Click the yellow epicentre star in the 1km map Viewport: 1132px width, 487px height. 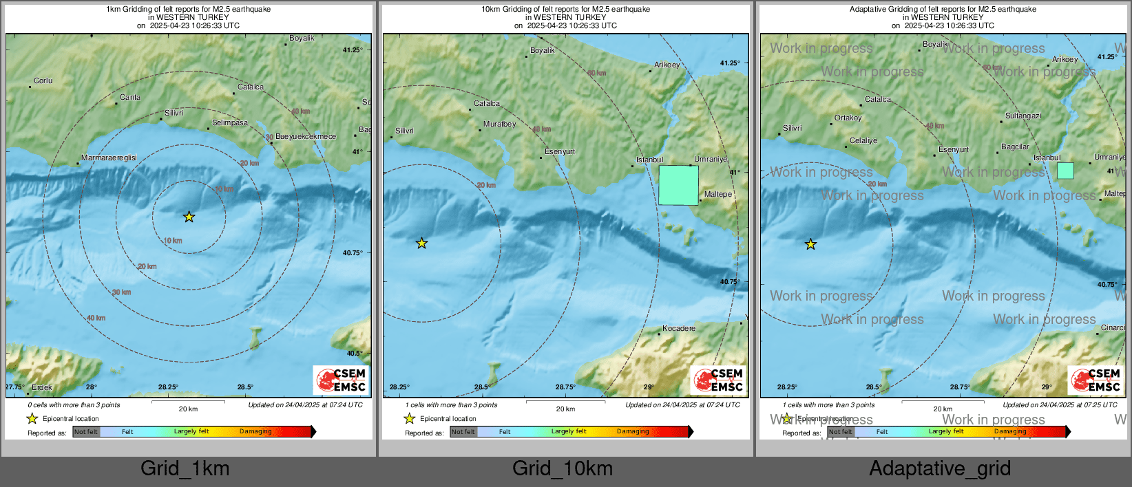point(189,217)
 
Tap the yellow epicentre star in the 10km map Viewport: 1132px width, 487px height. point(421,243)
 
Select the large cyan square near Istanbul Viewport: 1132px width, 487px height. point(678,185)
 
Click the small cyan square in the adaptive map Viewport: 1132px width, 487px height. point(1065,171)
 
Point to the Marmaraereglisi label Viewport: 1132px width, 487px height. point(109,158)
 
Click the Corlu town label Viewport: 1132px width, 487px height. point(43,81)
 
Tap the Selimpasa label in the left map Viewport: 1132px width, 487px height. point(230,123)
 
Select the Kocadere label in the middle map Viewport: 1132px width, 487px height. point(679,329)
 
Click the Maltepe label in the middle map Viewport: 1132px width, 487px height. point(718,195)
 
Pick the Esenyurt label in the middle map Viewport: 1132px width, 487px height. point(560,152)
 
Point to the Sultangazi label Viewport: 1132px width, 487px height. point(1023,116)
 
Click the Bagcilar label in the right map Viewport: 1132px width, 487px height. point(1015,147)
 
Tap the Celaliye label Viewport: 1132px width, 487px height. point(863,141)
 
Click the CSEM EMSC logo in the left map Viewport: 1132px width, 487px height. point(342,380)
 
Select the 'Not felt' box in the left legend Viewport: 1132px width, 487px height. point(86,432)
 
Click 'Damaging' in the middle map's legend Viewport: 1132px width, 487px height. point(633,432)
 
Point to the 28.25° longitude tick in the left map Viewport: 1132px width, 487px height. point(168,387)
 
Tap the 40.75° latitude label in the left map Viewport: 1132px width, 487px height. point(353,253)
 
